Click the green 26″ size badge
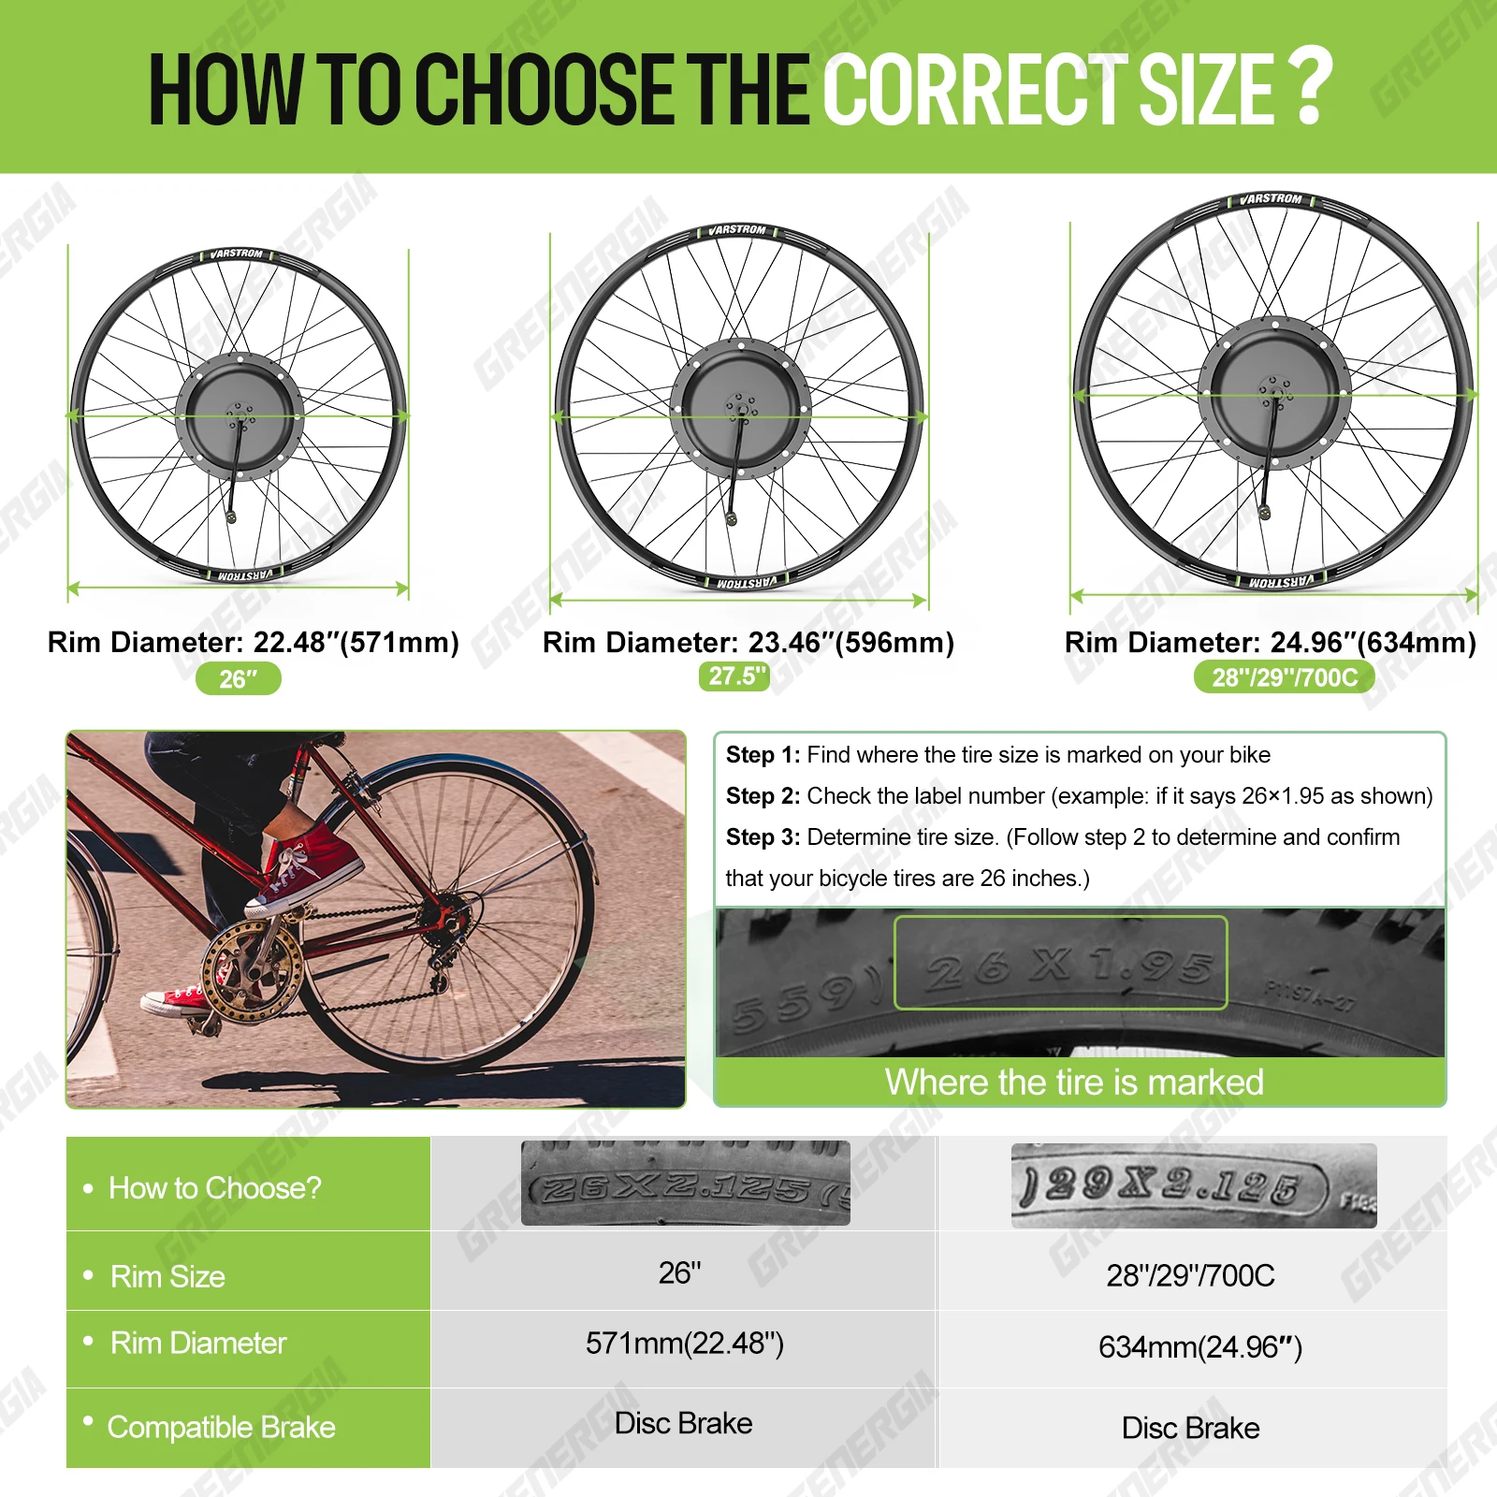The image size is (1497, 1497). (238, 678)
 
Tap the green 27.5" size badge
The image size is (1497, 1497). (734, 676)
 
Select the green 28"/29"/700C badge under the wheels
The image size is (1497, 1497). (1284, 676)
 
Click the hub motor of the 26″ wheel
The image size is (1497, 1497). (240, 415)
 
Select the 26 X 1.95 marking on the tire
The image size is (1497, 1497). (1060, 963)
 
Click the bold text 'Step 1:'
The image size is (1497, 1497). (763, 755)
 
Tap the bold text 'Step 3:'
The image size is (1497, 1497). (763, 837)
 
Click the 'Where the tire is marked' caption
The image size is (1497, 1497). (1074, 1083)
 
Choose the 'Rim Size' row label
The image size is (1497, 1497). (167, 1276)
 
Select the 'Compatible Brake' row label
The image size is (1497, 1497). (221, 1427)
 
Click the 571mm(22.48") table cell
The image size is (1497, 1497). (684, 1344)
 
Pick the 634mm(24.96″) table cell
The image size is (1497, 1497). (1199, 1347)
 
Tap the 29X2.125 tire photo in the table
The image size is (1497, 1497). (1193, 1185)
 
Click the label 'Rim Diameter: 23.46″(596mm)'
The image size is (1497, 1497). (748, 642)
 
